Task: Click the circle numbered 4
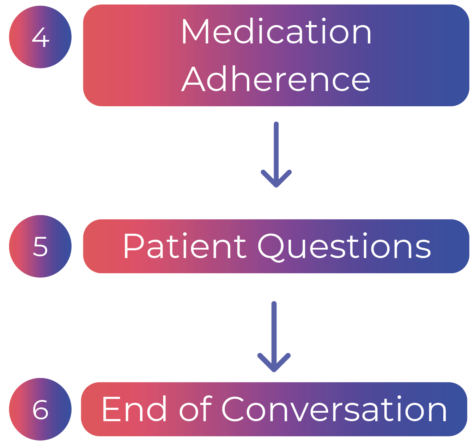click(x=40, y=37)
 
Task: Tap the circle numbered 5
click(x=40, y=246)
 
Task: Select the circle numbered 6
click(x=40, y=410)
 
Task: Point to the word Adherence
click(x=276, y=80)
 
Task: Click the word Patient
click(x=184, y=246)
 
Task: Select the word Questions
click(x=345, y=247)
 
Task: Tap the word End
click(x=134, y=409)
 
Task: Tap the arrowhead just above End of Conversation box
click(x=274, y=364)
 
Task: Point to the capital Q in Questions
click(x=272, y=247)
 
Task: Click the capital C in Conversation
click(x=235, y=409)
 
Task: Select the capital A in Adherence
click(x=194, y=80)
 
